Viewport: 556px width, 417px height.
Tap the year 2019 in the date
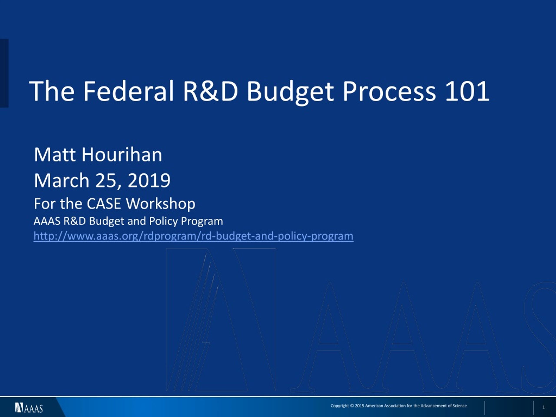[x=149, y=180]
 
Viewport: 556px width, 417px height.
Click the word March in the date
[x=62, y=180]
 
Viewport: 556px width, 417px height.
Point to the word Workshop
[x=160, y=204]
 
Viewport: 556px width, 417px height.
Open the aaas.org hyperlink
[x=194, y=236]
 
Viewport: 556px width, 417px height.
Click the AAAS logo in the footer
[x=29, y=408]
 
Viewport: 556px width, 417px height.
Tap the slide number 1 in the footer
[x=543, y=407]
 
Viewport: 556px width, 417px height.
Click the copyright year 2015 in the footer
[x=359, y=406]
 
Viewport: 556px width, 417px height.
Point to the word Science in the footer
[x=460, y=406]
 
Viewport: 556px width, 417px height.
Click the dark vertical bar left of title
[x=4, y=73]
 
